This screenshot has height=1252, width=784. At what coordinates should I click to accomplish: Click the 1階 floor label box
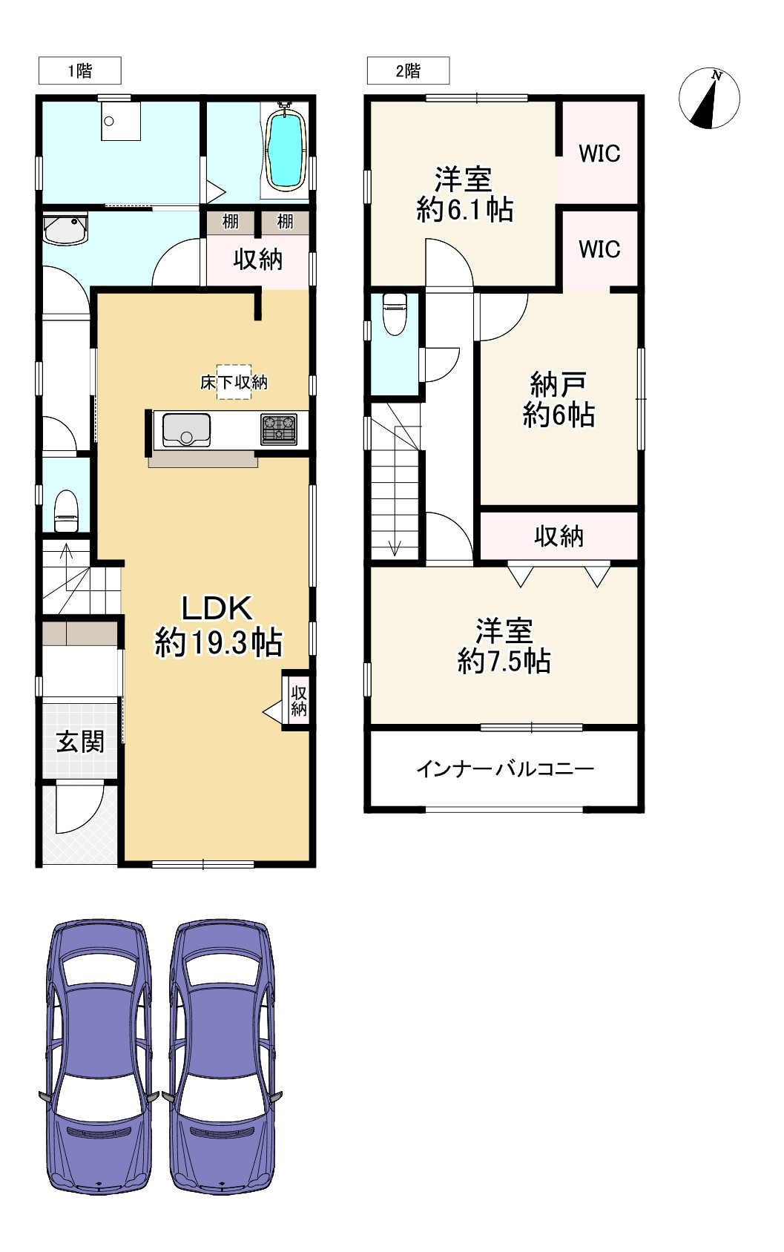coord(79,71)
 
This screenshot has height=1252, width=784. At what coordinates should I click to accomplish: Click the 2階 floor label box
coord(408,71)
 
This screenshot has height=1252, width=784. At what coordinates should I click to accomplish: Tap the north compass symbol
coord(710,98)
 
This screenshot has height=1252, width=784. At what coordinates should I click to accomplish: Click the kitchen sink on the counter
coord(185,429)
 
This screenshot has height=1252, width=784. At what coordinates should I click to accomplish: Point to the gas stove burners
coord(279,429)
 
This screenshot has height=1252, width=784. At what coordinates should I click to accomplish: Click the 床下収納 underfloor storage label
coord(234,382)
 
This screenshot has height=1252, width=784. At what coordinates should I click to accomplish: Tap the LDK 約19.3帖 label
coord(218,625)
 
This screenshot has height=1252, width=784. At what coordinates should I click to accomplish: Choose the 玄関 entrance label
coord(80,741)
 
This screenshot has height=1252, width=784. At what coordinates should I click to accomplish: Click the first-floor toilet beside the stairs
coord(67,510)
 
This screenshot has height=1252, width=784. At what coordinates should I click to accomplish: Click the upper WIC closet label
coord(599,154)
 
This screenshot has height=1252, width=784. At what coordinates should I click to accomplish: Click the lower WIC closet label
coord(599,249)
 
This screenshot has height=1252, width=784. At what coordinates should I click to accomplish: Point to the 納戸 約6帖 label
coord(559,400)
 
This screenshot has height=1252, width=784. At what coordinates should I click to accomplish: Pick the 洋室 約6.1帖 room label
coord(464,194)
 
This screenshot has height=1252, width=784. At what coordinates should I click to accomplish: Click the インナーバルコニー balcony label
coord(504,768)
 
